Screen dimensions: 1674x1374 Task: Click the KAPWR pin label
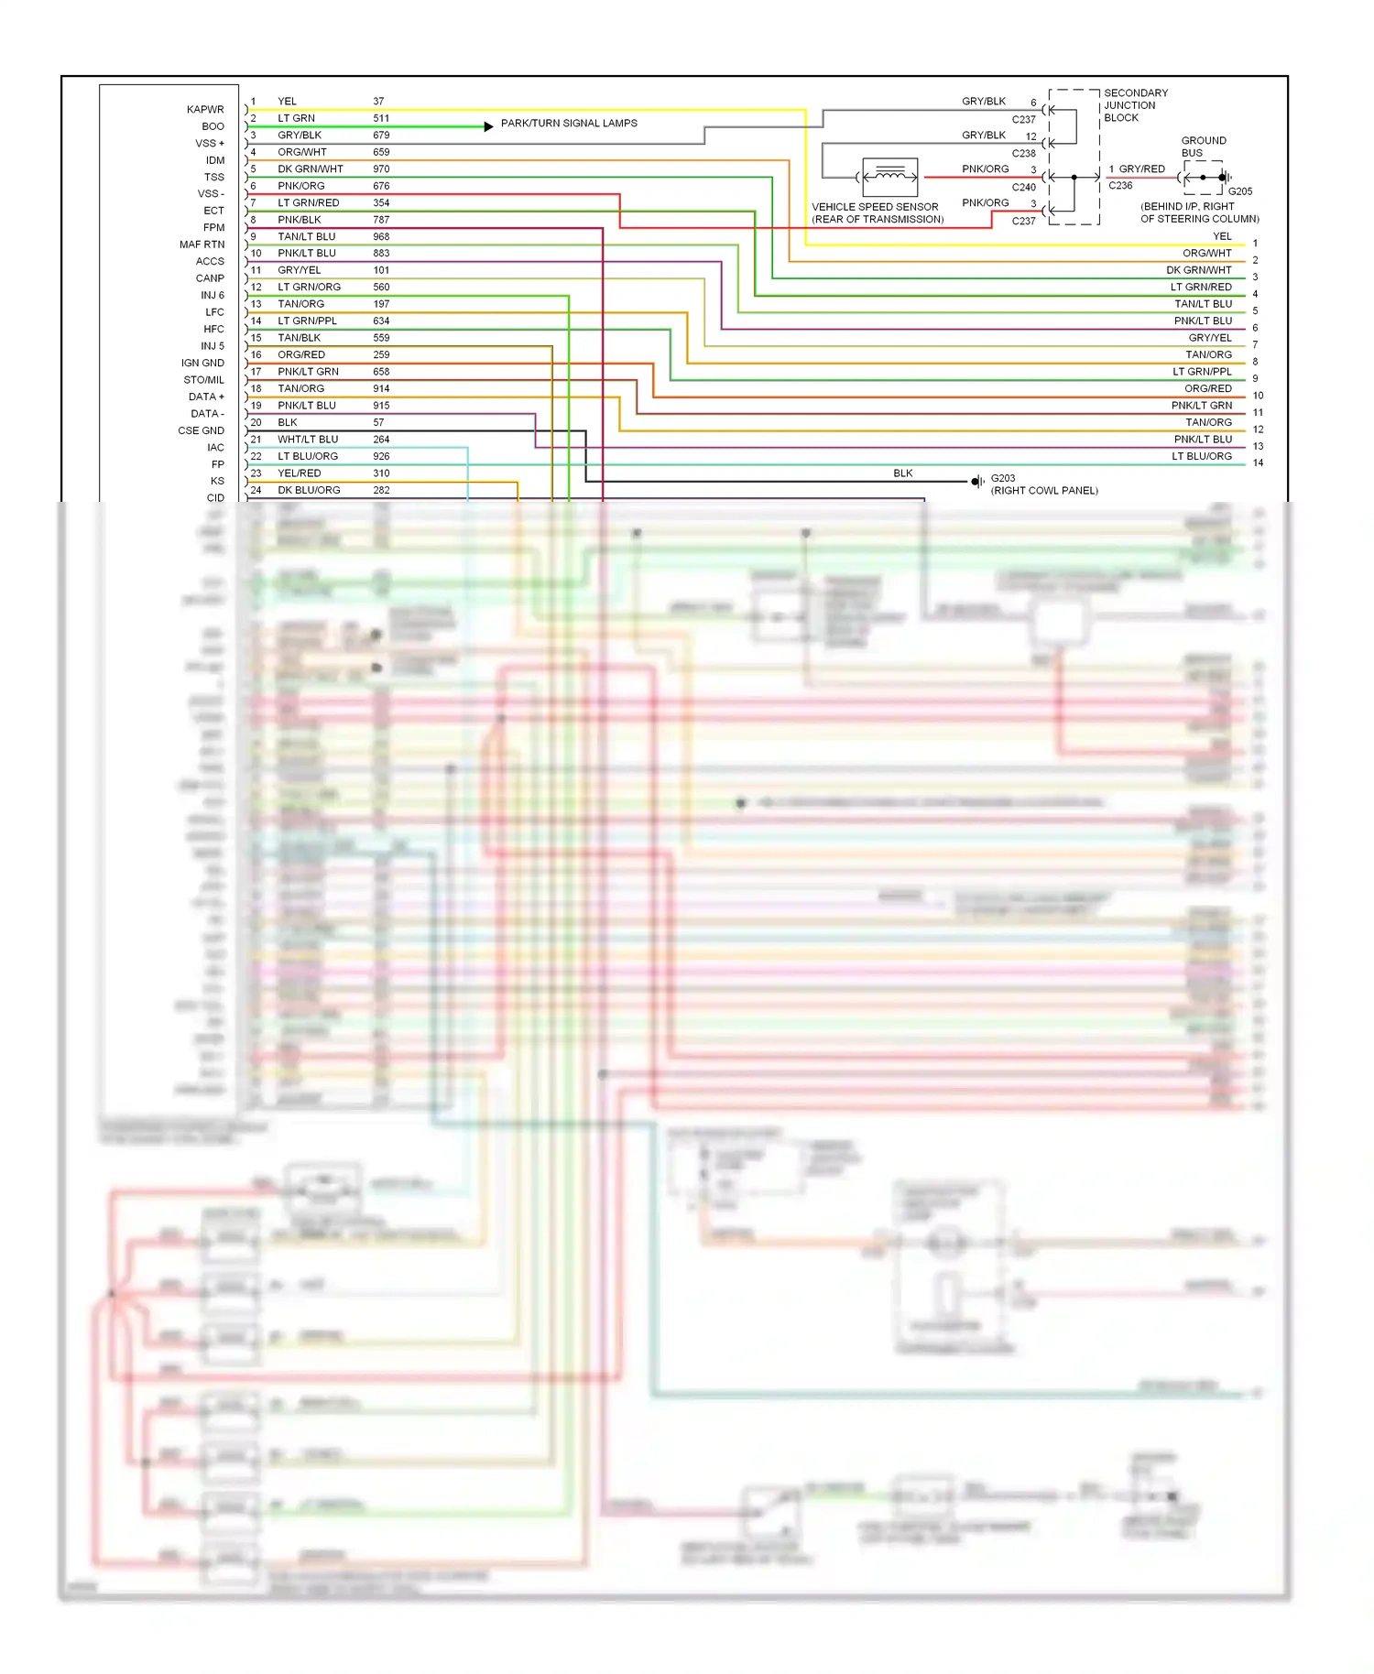pos(205,110)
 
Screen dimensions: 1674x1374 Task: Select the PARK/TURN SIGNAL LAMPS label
pos(569,124)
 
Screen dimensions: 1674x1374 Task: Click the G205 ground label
pos(1239,191)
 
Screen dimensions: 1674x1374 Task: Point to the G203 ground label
pos(1003,478)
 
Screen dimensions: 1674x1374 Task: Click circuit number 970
pos(381,169)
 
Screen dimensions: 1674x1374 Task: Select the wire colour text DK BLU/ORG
pos(309,491)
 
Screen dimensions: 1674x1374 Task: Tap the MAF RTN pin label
pos(202,245)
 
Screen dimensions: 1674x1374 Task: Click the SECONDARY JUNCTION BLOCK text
pos(1135,105)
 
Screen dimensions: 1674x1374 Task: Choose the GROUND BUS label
pos(1203,147)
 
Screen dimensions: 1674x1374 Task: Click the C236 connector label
pos(1120,186)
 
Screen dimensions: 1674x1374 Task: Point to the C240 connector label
pos(1023,188)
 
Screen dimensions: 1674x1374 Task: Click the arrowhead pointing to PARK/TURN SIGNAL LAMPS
pos(489,126)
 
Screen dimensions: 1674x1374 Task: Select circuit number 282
pos(381,491)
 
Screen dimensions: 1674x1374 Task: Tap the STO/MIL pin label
pos(203,380)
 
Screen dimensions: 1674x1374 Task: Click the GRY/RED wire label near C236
pos(1141,169)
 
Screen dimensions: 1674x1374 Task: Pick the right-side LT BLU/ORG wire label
pos(1202,456)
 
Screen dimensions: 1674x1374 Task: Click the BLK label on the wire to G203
pos(903,473)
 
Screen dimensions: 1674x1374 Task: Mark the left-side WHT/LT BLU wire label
pos(308,440)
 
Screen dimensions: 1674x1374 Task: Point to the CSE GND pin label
pos(201,430)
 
